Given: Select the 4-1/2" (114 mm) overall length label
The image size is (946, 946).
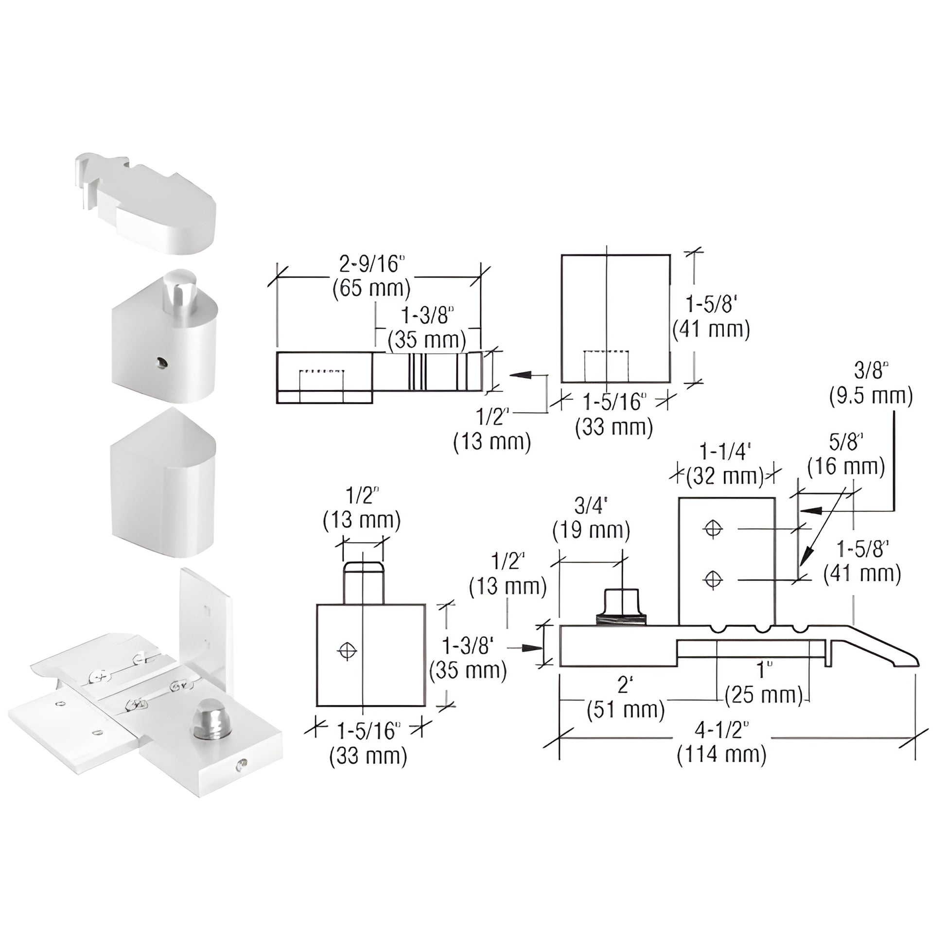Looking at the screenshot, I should [x=722, y=742].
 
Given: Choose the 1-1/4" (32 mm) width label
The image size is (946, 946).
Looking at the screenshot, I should [x=725, y=463].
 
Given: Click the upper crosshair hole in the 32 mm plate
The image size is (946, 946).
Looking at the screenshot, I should [x=713, y=529].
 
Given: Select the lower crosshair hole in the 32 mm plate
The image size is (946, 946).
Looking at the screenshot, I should [x=713, y=580].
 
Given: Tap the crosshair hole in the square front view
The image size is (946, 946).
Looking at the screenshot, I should [x=348, y=651].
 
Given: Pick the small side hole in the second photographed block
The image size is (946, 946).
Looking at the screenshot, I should [x=161, y=362].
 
